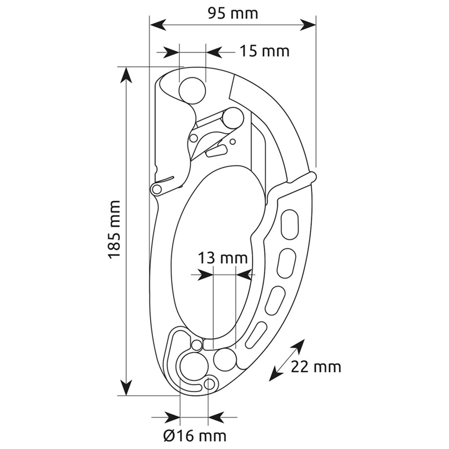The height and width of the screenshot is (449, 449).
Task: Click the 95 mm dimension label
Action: [233, 13]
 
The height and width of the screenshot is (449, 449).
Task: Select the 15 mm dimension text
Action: [264, 51]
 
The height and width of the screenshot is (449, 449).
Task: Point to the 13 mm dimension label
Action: [223, 257]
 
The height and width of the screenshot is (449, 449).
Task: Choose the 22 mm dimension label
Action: [316, 367]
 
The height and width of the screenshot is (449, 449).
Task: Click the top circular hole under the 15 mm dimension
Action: [192, 91]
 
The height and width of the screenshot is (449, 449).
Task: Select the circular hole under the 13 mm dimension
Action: [225, 359]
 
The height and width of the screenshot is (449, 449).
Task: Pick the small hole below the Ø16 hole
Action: [209, 384]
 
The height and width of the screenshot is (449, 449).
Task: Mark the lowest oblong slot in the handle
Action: [256, 335]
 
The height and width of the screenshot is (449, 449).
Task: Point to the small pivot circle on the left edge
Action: [157, 189]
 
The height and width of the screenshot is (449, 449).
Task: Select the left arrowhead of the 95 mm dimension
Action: [158, 25]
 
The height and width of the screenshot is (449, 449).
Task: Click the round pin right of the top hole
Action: [233, 118]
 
